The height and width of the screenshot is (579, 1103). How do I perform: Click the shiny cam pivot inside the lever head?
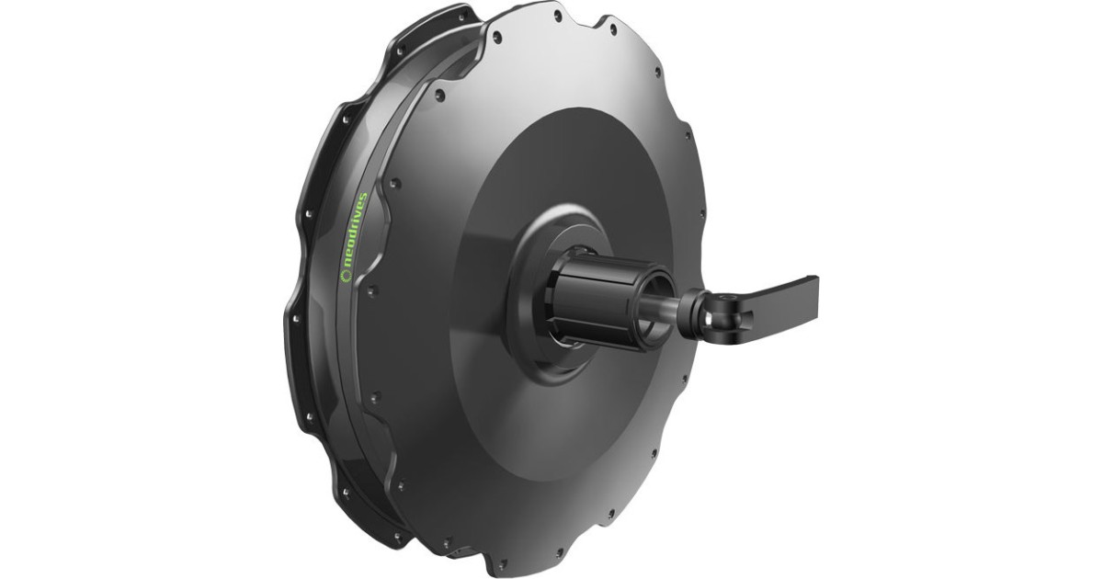click(x=726, y=311)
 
